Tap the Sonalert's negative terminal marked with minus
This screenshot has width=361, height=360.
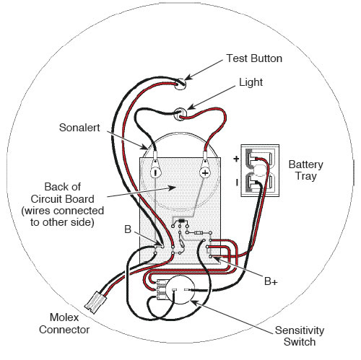click(155, 172)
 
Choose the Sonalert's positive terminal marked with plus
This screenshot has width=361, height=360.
click(204, 172)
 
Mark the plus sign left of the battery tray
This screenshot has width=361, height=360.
click(235, 157)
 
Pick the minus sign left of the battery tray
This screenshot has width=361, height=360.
click(235, 183)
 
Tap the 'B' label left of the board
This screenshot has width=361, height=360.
click(127, 230)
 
